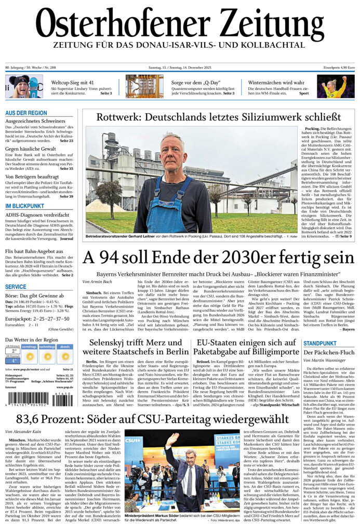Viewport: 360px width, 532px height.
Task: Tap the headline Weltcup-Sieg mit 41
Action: point(72,83)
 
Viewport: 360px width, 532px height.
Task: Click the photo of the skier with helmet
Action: point(24,86)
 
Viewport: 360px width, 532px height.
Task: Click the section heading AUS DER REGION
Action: point(26,113)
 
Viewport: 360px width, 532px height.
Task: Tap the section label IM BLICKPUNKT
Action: point(24,206)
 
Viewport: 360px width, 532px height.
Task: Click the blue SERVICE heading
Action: point(16,287)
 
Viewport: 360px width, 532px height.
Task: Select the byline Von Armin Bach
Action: point(97,282)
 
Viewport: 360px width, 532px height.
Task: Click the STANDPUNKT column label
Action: point(321,343)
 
